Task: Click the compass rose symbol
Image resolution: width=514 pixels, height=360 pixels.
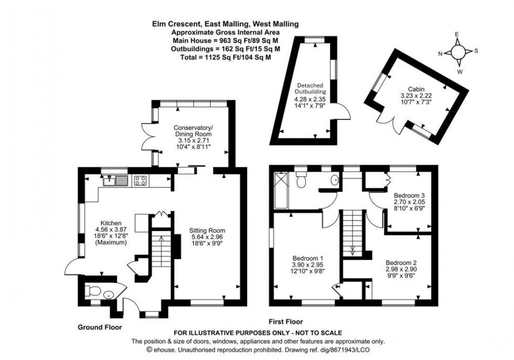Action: (x=458, y=52)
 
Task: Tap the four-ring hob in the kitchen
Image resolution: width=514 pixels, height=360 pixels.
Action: (x=140, y=181)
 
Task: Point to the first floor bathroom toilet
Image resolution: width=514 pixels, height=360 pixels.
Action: (x=301, y=181)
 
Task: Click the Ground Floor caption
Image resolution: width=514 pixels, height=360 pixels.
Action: (x=100, y=327)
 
